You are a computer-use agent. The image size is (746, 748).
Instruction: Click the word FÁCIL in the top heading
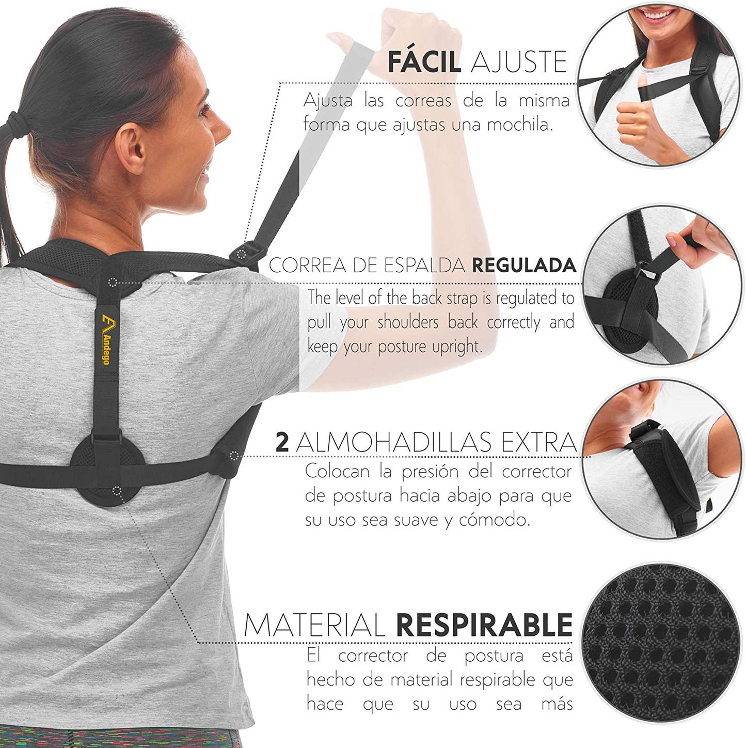tap(424, 62)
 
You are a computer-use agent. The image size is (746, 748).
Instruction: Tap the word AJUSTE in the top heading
tap(519, 62)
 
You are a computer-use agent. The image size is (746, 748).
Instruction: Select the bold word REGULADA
tap(524, 265)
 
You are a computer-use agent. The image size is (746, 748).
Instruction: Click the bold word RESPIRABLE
tap(484, 625)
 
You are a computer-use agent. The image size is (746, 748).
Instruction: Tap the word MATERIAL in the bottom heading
tap(314, 625)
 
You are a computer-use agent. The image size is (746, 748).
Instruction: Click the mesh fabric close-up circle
tap(661, 641)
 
